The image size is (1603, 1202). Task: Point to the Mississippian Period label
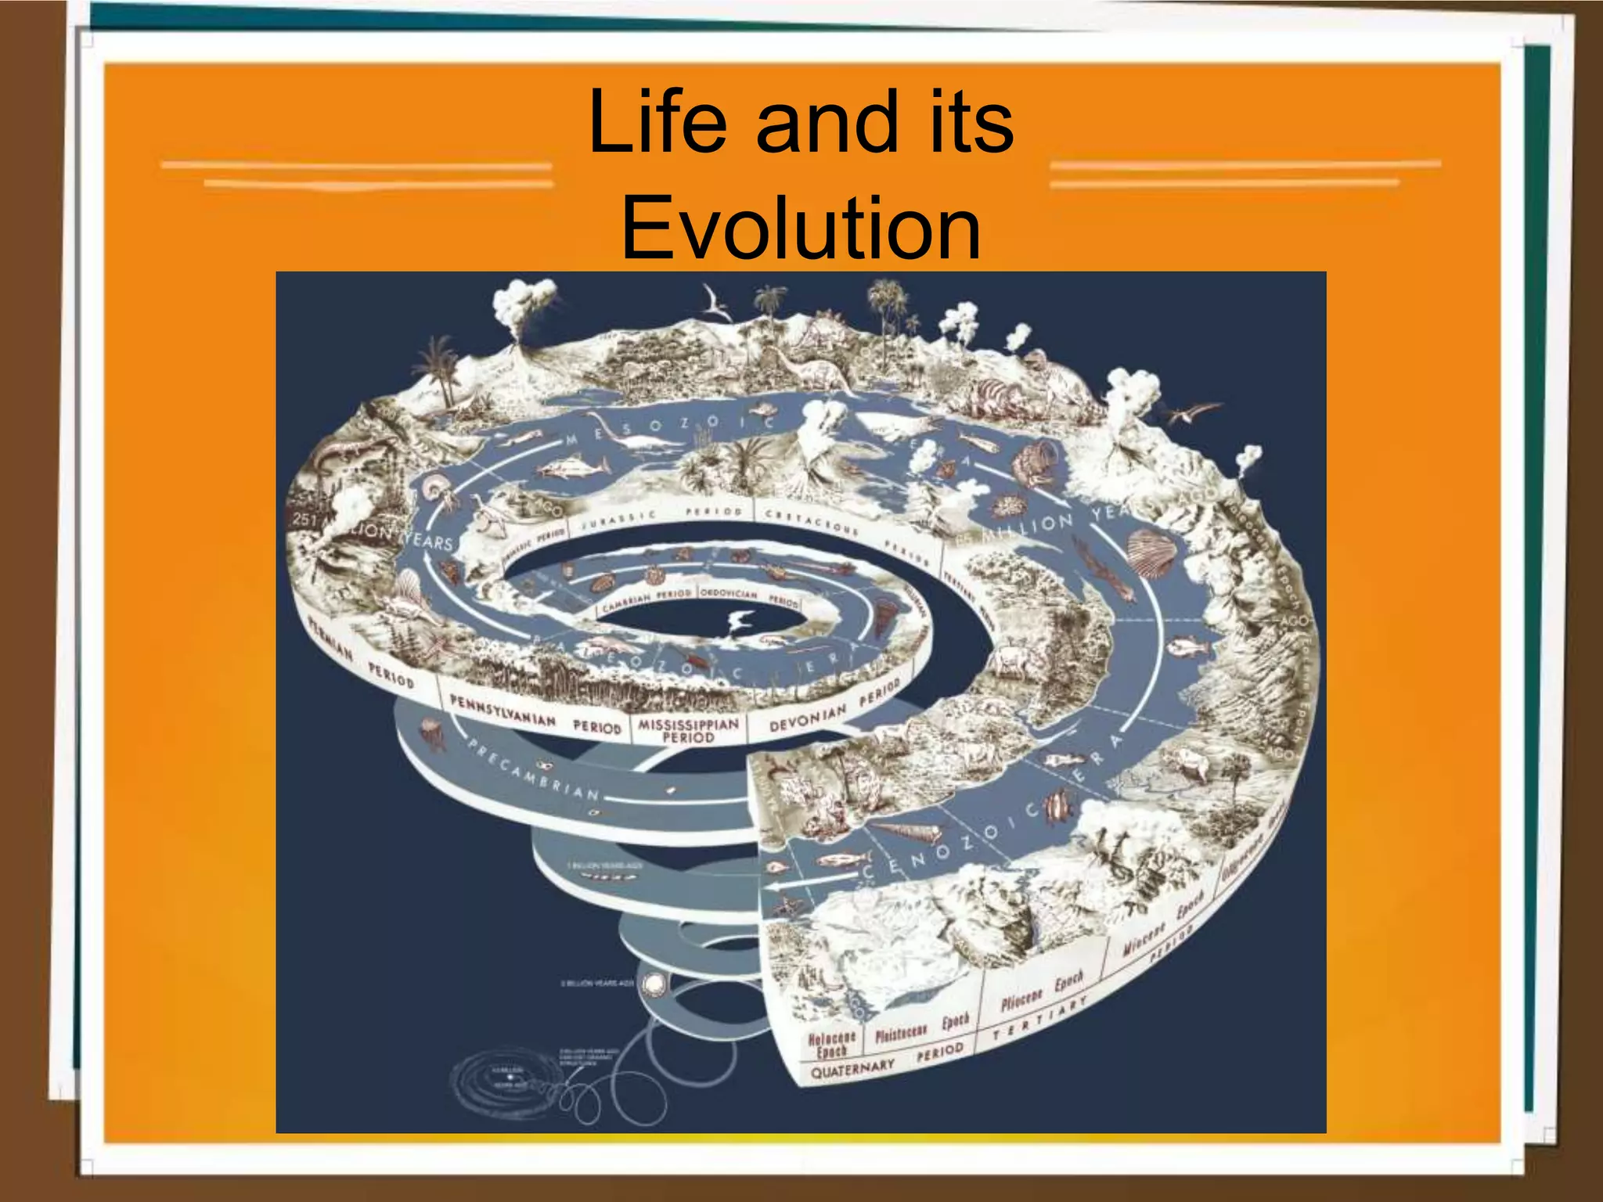(688, 729)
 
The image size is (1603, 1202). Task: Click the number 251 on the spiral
(305, 519)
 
